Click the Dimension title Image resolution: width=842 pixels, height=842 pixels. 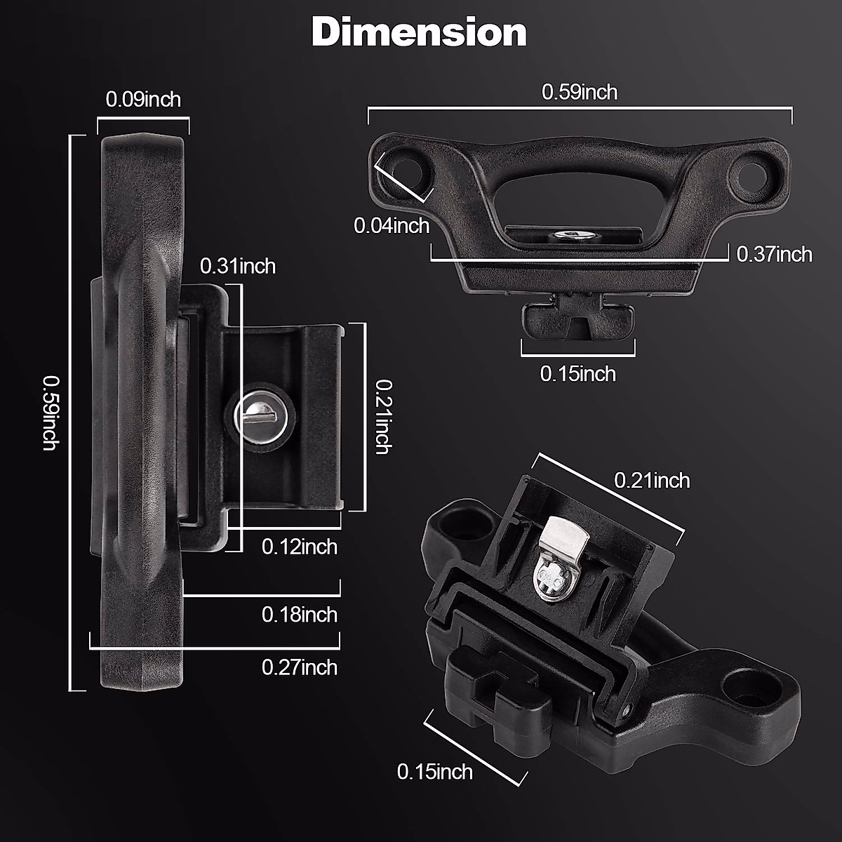tap(419, 32)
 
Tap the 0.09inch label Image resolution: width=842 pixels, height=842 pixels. tap(143, 100)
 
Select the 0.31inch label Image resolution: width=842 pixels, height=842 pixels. tap(238, 266)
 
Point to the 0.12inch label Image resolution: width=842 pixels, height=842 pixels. tap(300, 547)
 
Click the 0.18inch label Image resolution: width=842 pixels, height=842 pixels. tap(300, 615)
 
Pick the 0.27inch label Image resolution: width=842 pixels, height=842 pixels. tap(300, 668)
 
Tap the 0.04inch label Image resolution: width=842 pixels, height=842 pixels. tap(392, 226)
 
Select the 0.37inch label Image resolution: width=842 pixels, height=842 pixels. tap(774, 254)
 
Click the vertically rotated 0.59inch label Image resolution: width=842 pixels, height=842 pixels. tap(51, 413)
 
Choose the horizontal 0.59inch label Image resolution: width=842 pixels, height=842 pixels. tap(580, 92)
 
